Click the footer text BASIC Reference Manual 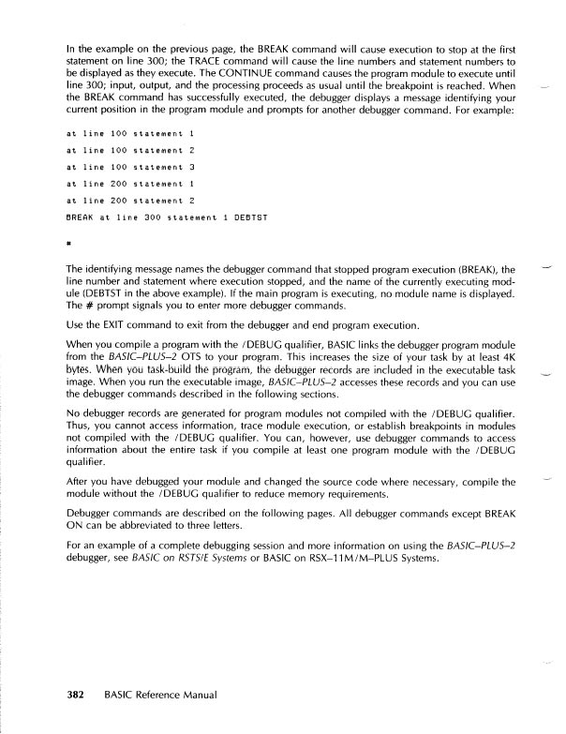[x=162, y=695]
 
